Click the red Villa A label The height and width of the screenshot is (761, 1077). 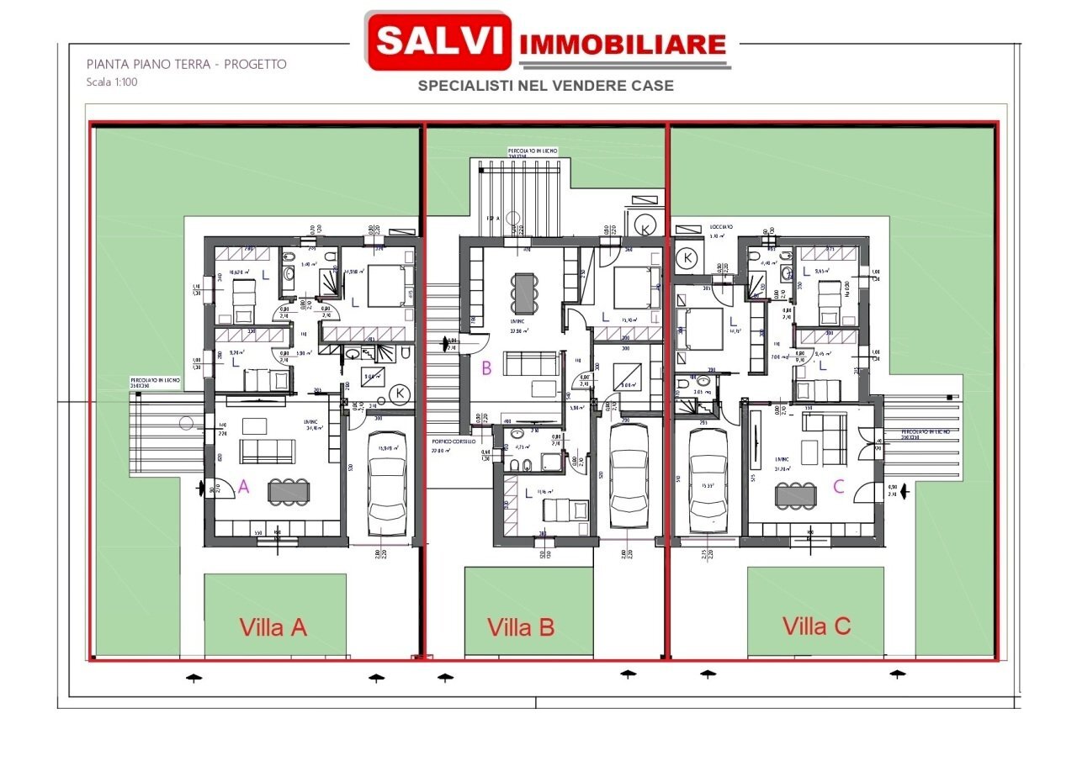pyautogui.click(x=273, y=627)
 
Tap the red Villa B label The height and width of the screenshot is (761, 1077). pyautogui.click(x=520, y=627)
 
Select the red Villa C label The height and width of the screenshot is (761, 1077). pyautogui.click(x=816, y=626)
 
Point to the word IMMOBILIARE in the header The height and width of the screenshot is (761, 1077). pyautogui.click(x=623, y=45)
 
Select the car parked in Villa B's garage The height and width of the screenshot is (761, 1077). pyautogui.click(x=629, y=478)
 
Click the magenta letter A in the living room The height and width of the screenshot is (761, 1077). pyautogui.click(x=244, y=485)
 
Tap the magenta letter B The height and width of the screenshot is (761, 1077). pyautogui.click(x=486, y=367)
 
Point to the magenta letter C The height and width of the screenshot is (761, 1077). pyautogui.click(x=838, y=485)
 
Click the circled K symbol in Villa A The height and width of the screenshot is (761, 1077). pyautogui.click(x=401, y=394)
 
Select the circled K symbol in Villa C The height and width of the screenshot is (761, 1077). pyautogui.click(x=689, y=258)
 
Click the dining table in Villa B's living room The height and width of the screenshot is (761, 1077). pyautogui.click(x=526, y=293)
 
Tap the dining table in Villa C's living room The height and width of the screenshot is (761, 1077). pyautogui.click(x=794, y=496)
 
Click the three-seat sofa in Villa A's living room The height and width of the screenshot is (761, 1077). pyautogui.click(x=266, y=452)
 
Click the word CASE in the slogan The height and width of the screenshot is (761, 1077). pyautogui.click(x=647, y=86)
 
